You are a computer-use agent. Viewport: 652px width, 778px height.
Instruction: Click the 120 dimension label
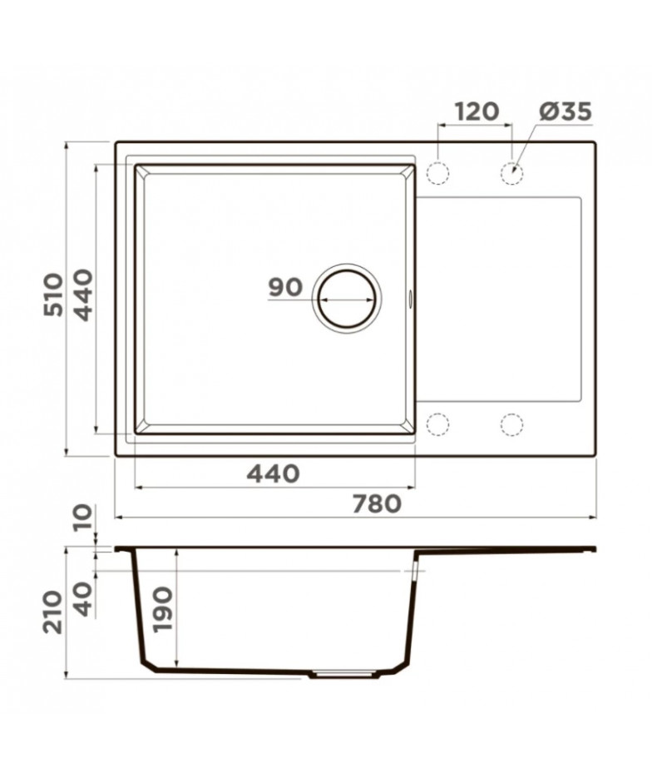tap(477, 111)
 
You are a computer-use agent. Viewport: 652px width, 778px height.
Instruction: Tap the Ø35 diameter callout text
tap(566, 111)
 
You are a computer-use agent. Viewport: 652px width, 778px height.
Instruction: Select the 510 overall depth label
tap(53, 295)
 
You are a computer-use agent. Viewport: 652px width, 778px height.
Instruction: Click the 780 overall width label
tap(377, 504)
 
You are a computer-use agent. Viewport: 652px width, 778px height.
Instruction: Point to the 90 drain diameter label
tap(285, 287)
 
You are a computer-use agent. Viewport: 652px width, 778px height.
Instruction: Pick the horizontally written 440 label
tap(274, 473)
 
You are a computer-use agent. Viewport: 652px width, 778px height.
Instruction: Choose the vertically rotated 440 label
tap(83, 295)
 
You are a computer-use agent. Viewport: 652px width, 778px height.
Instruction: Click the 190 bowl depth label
tap(163, 609)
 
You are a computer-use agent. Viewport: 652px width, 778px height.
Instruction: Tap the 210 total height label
tap(53, 612)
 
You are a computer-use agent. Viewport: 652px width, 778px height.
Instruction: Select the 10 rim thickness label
tap(83, 517)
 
